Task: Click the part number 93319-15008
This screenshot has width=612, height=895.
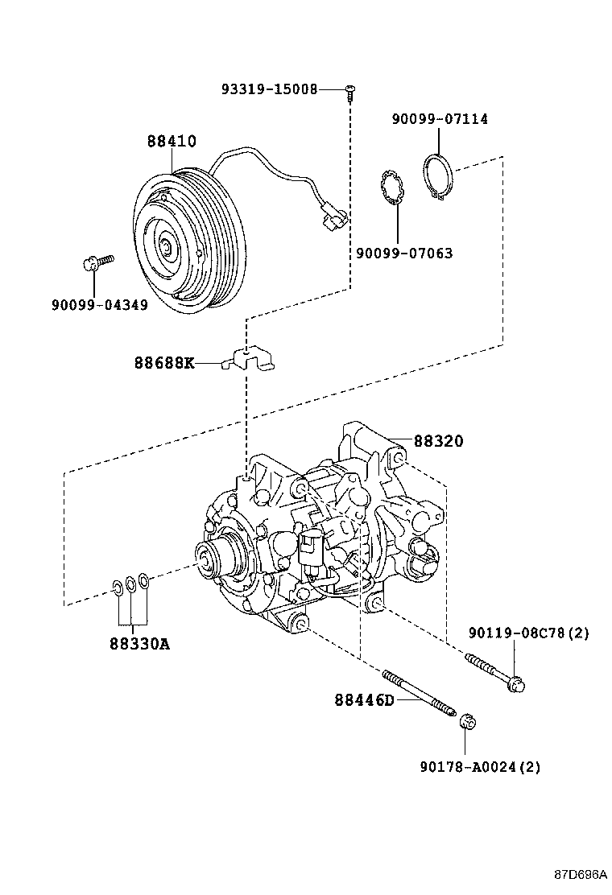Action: tap(269, 89)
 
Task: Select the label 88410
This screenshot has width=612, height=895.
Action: tap(171, 141)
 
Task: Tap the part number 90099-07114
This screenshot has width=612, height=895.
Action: tap(439, 119)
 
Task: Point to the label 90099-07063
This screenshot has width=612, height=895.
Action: tap(404, 254)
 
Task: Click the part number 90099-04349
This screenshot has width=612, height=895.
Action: tap(99, 306)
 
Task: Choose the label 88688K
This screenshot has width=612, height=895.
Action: tap(164, 363)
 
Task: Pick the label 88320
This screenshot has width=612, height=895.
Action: tap(439, 441)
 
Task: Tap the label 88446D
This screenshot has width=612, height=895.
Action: tap(364, 699)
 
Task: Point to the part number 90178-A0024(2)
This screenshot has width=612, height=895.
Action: tap(480, 767)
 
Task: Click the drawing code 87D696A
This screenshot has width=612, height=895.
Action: tap(580, 875)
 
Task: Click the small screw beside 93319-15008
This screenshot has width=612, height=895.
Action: tap(350, 93)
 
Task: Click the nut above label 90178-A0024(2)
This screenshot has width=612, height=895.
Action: tap(466, 720)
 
